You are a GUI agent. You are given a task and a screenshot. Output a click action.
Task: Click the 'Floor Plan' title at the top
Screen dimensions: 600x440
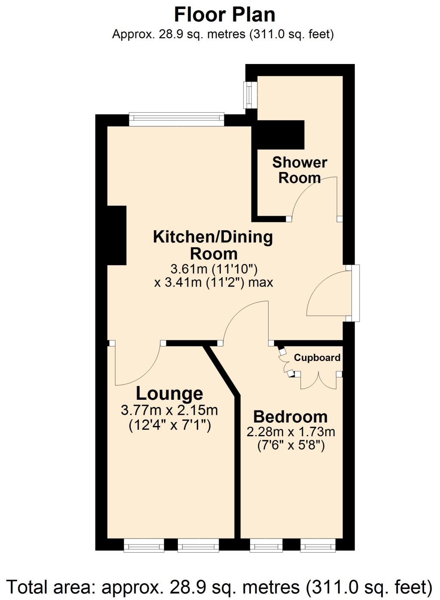(x=224, y=15)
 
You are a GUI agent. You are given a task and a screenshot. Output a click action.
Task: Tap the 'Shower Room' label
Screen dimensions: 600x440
(x=299, y=170)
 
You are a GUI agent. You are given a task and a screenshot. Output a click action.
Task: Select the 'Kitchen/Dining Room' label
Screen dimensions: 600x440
(x=213, y=245)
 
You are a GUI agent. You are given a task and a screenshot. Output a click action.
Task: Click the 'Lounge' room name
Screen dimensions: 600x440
(x=169, y=393)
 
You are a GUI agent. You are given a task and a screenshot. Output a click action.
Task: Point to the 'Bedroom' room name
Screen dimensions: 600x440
(x=290, y=416)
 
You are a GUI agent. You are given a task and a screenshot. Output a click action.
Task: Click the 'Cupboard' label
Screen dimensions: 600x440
(x=317, y=358)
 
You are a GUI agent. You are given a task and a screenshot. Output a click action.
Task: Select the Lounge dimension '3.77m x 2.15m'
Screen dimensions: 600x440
(x=169, y=410)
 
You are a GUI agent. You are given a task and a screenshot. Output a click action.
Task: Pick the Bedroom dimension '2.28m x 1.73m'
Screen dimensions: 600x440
(x=290, y=431)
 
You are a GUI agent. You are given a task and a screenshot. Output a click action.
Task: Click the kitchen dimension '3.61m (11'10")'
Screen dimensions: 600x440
(x=214, y=269)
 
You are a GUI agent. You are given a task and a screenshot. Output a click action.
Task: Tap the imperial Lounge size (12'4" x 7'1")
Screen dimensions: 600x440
(x=170, y=425)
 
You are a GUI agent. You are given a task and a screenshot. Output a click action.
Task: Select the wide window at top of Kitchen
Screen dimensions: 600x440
(x=177, y=119)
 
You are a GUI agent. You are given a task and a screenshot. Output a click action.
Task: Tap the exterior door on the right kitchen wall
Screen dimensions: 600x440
(x=355, y=293)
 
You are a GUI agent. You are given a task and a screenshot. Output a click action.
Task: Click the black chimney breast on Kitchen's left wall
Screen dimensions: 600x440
(x=116, y=235)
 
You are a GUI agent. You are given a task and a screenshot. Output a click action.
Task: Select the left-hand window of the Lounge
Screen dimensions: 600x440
(x=144, y=545)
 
